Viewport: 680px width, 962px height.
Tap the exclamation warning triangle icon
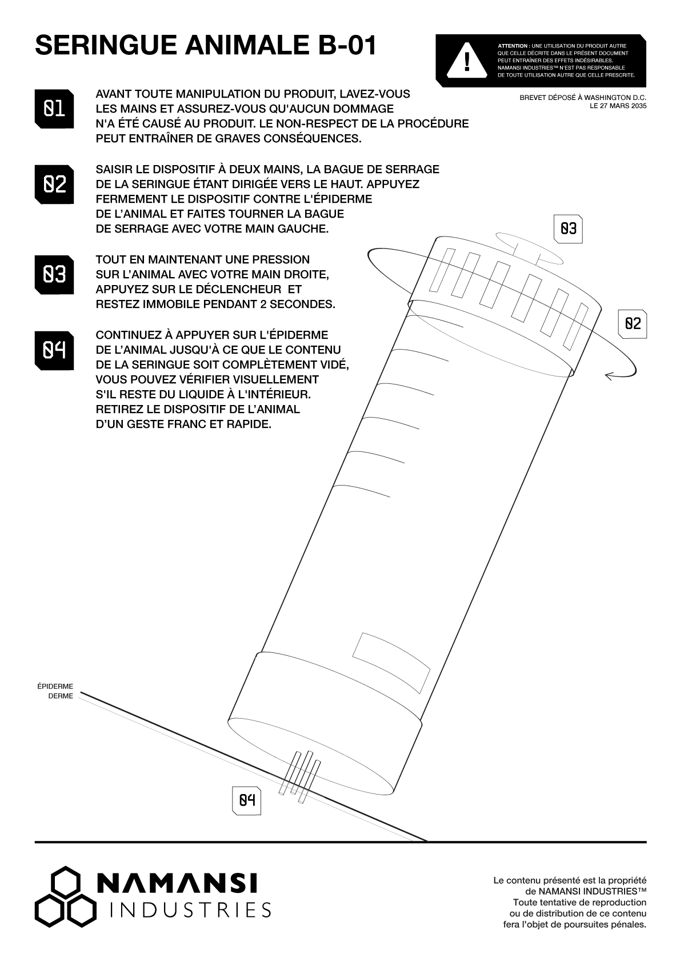tap(467, 59)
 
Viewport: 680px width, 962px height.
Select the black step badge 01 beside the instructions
tap(54, 109)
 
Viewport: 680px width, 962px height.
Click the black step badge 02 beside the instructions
tap(54, 184)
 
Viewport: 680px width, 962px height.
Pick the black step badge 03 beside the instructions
tap(54, 274)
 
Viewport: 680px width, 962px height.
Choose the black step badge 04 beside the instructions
tap(54, 350)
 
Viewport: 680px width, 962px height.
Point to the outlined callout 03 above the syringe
tap(568, 229)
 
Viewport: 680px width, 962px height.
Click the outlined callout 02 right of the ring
tap(633, 324)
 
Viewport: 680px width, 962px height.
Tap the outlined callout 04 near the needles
tap(246, 800)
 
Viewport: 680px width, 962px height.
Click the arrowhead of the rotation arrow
tap(610, 375)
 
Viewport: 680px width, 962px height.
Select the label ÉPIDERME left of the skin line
tap(55, 686)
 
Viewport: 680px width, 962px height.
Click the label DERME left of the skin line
tap(61, 696)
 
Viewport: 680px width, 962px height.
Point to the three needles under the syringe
tap(300, 777)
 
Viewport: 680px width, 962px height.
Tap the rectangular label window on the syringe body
tap(391, 662)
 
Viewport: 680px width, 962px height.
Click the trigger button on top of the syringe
tap(529, 246)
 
